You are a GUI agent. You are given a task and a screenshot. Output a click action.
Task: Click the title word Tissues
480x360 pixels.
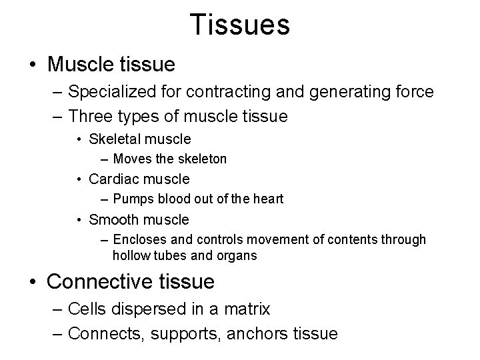coord(239,25)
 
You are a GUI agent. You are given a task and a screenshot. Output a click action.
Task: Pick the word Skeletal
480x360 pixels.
coord(111,139)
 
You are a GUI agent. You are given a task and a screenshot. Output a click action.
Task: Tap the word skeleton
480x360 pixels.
coord(201,159)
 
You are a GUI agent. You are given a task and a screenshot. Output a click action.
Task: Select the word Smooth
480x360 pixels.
coord(111,219)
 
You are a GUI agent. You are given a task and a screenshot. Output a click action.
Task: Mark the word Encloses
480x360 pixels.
coord(137,239)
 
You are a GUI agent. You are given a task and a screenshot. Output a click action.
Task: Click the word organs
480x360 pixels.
coord(238,255)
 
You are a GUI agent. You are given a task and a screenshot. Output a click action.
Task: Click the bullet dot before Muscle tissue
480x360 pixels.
coord(33,65)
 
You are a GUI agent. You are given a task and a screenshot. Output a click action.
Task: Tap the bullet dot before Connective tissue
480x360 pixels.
coord(33,283)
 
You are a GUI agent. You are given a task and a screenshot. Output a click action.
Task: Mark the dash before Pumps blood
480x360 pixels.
coord(107,199)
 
